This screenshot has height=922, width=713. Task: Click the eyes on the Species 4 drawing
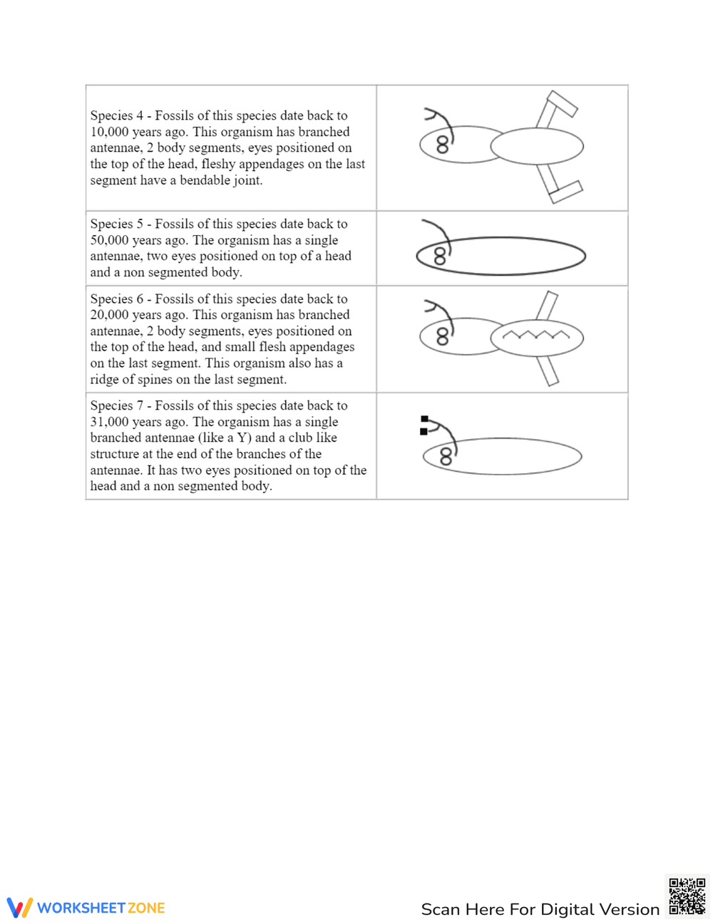point(443,145)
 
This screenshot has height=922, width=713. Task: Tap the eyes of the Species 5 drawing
point(440,256)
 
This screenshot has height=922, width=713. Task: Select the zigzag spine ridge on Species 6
point(536,334)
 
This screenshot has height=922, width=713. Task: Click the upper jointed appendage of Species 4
point(555,109)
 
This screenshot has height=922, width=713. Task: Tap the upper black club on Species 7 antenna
point(424,420)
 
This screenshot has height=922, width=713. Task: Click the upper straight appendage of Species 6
point(547,306)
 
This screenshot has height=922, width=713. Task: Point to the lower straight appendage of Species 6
point(548,371)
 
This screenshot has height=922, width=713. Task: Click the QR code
point(687,896)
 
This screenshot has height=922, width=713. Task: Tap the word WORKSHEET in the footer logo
point(81,908)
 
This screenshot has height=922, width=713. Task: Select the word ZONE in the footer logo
point(146,908)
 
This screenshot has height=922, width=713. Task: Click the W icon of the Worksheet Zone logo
point(20,907)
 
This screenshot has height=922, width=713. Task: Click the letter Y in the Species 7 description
point(242,437)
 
